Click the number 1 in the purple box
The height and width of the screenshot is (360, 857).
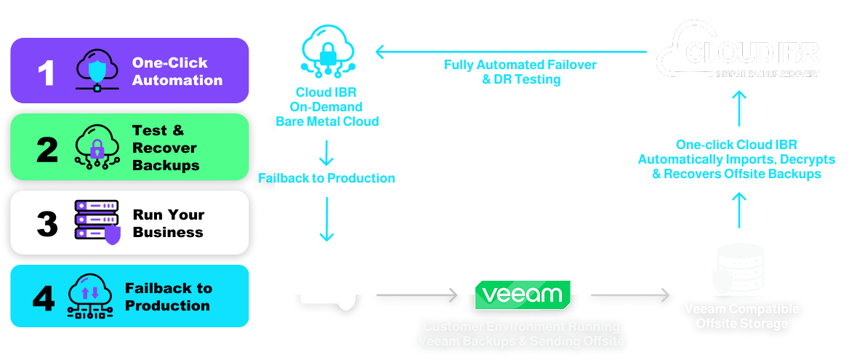pyautogui.click(x=47, y=73)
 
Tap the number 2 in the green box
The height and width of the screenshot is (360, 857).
pyautogui.click(x=47, y=149)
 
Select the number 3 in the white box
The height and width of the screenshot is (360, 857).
pyautogui.click(x=47, y=223)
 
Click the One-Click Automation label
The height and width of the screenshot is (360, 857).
pyautogui.click(x=177, y=71)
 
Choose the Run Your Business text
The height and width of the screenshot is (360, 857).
pyautogui.click(x=168, y=223)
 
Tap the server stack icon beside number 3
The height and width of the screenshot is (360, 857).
pyautogui.click(x=97, y=221)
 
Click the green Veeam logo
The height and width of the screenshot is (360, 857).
pyautogui.click(x=523, y=295)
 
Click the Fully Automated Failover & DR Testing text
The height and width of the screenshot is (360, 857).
pyautogui.click(x=520, y=72)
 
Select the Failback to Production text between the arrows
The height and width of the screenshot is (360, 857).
pyautogui.click(x=326, y=178)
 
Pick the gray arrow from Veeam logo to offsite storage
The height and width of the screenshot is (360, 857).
pyautogui.click(x=629, y=295)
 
